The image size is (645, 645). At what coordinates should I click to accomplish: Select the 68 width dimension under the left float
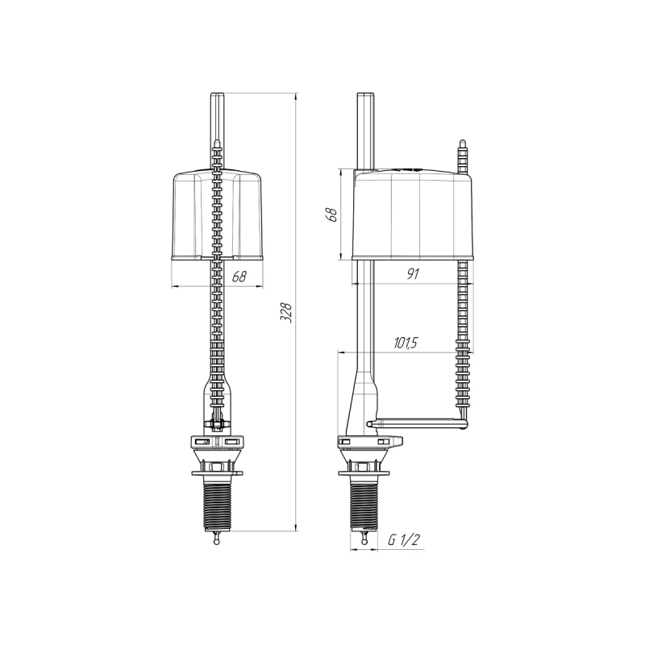tap(239, 277)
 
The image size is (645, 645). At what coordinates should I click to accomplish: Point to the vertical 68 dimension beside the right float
tap(329, 215)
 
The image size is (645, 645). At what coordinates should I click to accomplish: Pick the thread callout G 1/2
tap(403, 541)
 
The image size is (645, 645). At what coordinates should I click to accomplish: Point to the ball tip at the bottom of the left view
tap(217, 541)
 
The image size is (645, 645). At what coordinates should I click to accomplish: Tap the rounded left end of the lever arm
tap(370, 422)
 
